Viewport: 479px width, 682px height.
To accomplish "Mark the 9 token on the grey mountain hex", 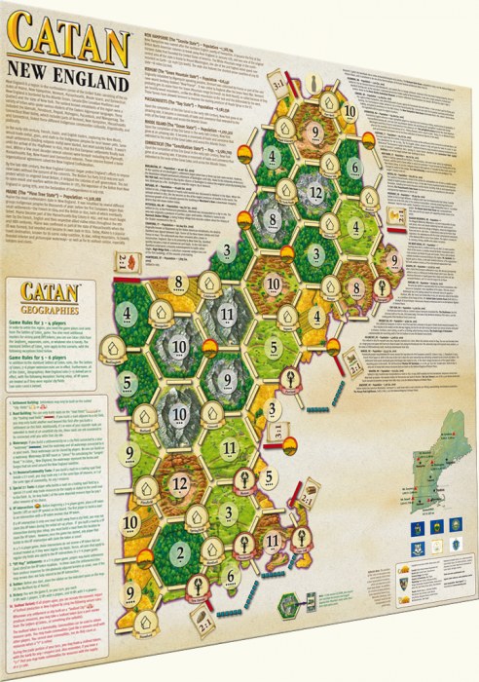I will coord(222,374).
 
